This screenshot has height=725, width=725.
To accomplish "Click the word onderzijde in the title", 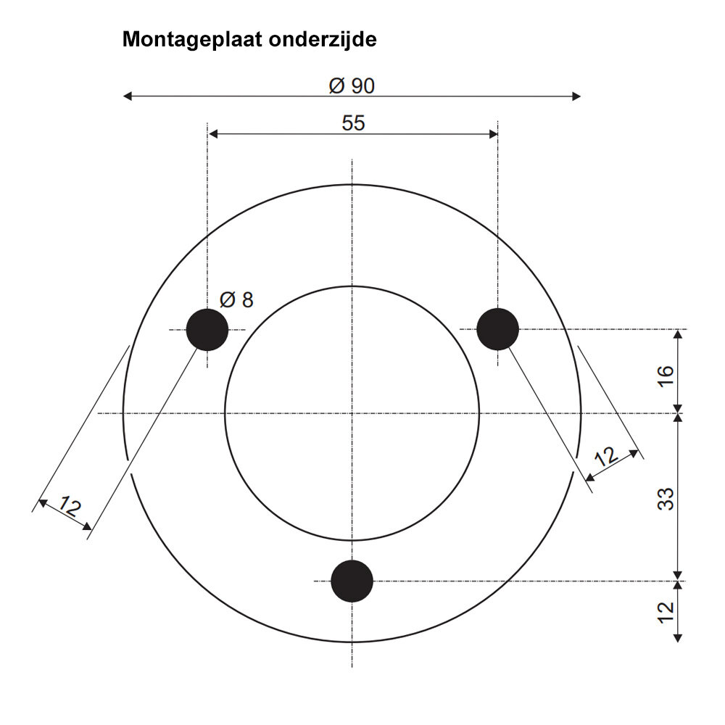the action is tap(323, 40).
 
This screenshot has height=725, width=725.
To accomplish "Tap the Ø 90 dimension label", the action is tap(352, 86).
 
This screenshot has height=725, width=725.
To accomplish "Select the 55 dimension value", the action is tap(353, 123).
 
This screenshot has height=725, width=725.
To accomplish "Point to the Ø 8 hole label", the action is tap(237, 300).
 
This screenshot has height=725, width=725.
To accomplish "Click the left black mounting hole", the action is tap(207, 330).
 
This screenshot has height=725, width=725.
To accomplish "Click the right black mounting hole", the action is tap(497, 329).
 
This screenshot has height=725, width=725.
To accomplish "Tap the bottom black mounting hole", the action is tap(352, 581).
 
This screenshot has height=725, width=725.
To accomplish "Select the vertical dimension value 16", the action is tap(666, 376).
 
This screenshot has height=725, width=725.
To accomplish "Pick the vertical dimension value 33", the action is tap(666, 499).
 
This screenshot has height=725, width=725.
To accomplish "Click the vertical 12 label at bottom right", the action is tap(666, 613).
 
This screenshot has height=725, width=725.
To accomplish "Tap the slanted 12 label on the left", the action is tap(70, 506).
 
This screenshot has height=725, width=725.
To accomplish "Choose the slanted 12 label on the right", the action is tap(606, 456).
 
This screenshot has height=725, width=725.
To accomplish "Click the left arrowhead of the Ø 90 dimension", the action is tap(127, 96).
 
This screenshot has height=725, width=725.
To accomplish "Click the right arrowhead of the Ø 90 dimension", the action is tap(576, 96).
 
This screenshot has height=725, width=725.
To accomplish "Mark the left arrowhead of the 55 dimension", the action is tap(213, 134).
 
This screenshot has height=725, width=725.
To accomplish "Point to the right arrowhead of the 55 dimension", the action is tap(493, 134).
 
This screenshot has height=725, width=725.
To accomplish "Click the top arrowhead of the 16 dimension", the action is tap(678, 334).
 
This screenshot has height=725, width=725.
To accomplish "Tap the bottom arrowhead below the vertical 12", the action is tap(678, 638).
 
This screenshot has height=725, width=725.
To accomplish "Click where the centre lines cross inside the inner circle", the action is tap(352, 413).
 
